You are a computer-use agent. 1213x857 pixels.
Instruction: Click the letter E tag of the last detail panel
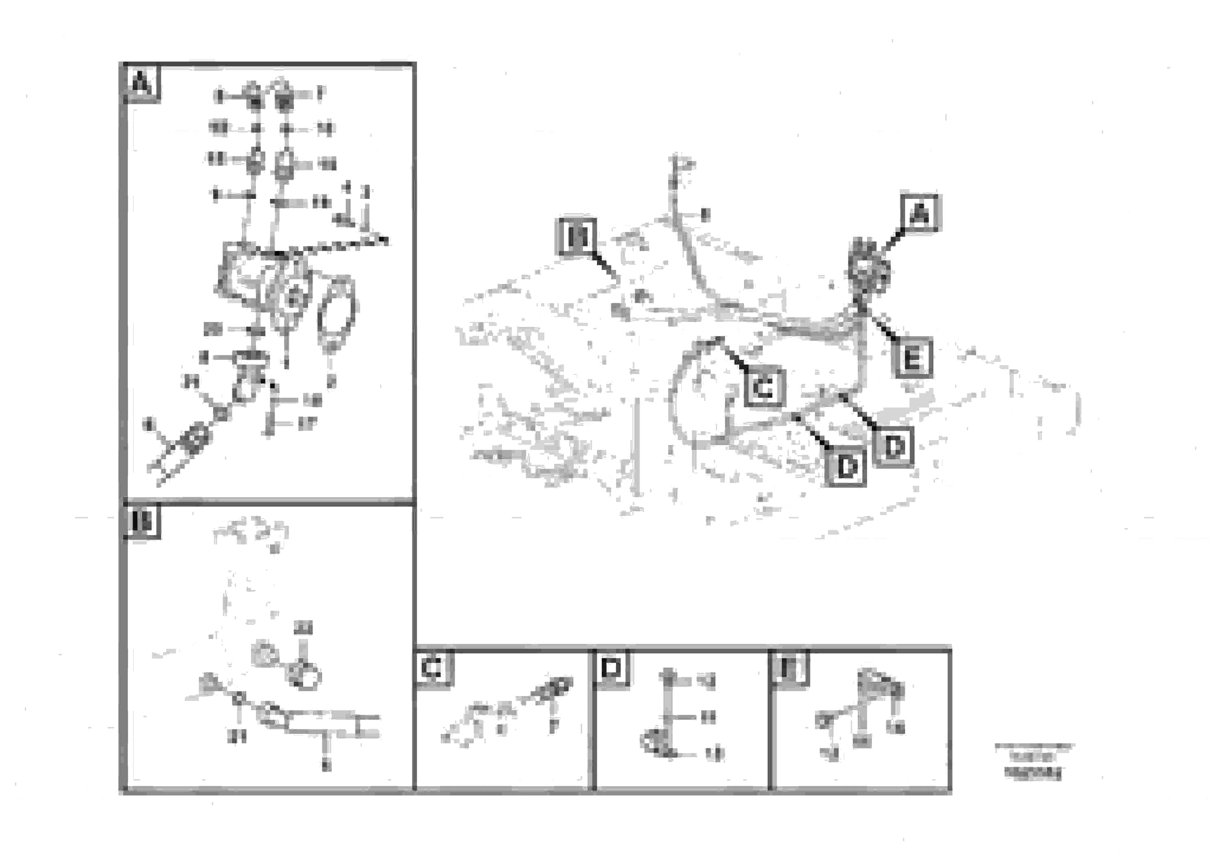[790, 668]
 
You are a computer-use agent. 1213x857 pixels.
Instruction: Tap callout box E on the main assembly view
[912, 358]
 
